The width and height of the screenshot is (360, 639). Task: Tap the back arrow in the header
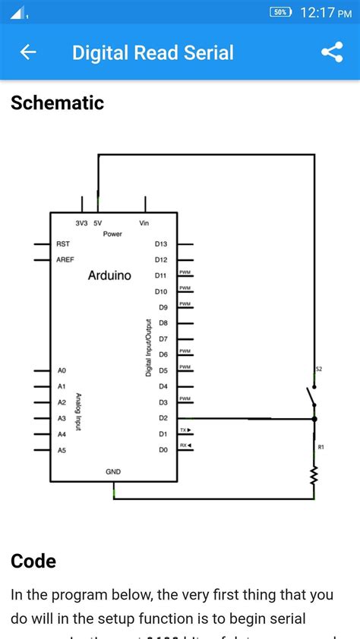point(28,52)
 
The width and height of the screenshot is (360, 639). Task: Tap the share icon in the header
point(332,52)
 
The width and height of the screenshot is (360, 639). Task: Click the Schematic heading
point(57,103)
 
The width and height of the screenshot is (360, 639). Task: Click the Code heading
point(33,562)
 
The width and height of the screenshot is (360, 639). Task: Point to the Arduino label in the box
point(109,275)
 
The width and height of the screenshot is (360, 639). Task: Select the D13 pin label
point(161,244)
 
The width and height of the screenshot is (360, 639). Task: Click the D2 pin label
point(163,418)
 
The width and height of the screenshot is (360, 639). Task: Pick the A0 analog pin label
point(62,370)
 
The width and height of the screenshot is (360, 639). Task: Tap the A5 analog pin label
point(62,450)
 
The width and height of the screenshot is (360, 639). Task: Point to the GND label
point(113,472)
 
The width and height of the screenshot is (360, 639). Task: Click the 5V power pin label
point(98,223)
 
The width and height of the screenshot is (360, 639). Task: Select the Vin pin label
point(144,223)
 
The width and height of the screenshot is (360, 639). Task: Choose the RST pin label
point(63,244)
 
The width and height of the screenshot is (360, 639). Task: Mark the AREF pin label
point(65,260)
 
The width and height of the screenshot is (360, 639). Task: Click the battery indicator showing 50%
point(280,12)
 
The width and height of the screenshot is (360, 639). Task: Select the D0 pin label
point(163,450)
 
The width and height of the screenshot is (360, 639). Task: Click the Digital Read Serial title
point(153,52)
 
